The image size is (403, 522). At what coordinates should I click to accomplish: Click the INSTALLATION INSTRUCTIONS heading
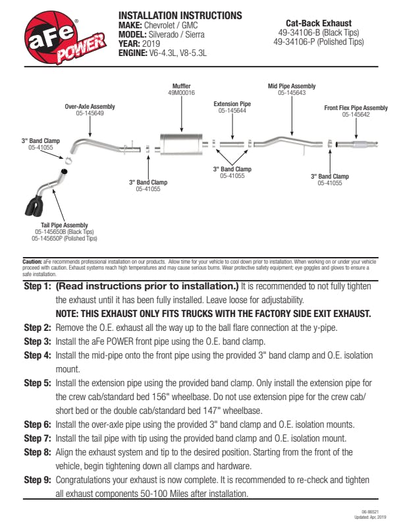(180, 15)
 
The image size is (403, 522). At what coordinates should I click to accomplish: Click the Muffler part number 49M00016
(181, 93)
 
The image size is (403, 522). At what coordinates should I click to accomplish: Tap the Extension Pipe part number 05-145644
(232, 111)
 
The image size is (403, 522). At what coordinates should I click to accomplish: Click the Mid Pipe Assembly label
(291, 86)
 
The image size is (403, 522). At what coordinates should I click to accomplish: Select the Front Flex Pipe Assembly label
(356, 108)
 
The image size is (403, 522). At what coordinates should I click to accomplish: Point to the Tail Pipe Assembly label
(65, 225)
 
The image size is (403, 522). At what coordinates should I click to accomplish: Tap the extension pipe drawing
(232, 143)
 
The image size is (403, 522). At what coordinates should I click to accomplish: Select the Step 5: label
(37, 382)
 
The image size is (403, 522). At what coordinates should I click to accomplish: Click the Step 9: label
(37, 480)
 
